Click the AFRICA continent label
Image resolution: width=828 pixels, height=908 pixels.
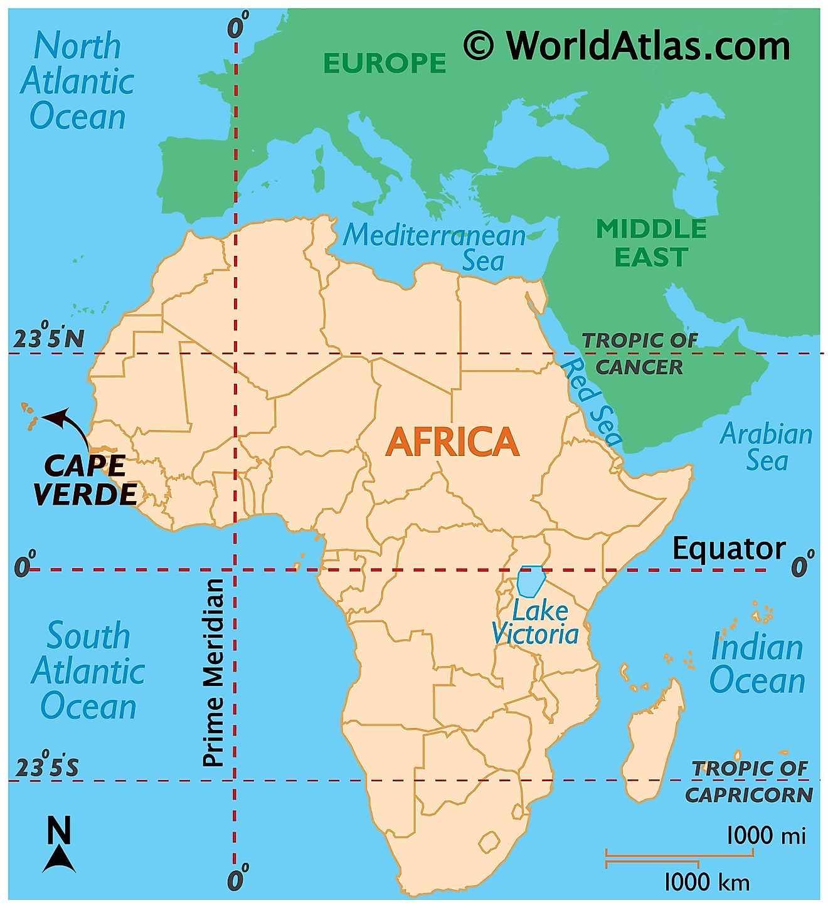tap(452, 441)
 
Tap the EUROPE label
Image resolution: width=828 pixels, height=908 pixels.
tap(384, 63)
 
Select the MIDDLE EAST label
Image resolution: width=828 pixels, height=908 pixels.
tap(651, 243)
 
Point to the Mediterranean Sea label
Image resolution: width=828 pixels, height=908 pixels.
tap(435, 247)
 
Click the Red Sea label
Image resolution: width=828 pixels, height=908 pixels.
tap(591, 401)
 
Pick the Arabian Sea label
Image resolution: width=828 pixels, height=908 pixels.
tap(766, 446)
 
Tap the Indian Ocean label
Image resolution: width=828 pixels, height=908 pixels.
tap(757, 663)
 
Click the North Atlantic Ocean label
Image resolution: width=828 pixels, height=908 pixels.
tap(77, 82)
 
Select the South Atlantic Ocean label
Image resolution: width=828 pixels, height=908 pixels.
tap(88, 671)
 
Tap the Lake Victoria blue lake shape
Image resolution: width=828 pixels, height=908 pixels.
tap(531, 581)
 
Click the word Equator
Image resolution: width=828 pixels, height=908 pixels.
tap(728, 549)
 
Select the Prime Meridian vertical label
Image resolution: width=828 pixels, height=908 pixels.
tap(214, 672)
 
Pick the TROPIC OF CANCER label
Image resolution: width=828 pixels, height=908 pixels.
tap(640, 354)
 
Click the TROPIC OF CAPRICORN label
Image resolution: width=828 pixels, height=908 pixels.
tap(750, 781)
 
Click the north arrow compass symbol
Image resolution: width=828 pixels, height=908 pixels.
tap(59, 845)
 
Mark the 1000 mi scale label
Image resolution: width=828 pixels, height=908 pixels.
tap(766, 835)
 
